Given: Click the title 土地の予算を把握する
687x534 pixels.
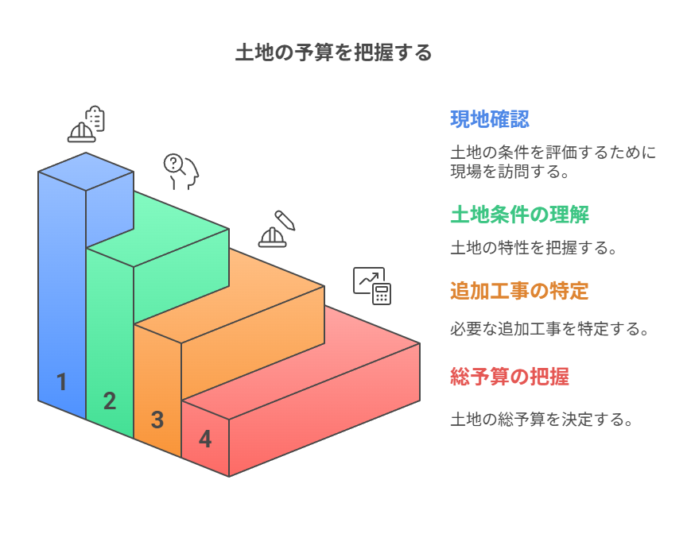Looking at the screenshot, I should pos(333,53).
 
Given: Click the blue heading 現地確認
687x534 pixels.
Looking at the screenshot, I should pos(490,119).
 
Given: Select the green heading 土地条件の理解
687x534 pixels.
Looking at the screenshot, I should pos(519,215).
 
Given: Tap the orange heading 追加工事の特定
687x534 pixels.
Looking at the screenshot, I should pos(519,291).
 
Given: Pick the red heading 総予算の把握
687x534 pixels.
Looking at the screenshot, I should pos(509,376).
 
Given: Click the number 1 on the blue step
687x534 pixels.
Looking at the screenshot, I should pos(61,382).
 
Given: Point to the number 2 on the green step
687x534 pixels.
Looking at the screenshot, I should pos(110,401).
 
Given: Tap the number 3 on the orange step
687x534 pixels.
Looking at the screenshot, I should pos(157,420).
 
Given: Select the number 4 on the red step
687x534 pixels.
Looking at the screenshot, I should pos(205,439).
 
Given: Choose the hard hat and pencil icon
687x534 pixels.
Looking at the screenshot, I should pos(276,230).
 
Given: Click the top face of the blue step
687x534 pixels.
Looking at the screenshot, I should pos(86,171).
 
